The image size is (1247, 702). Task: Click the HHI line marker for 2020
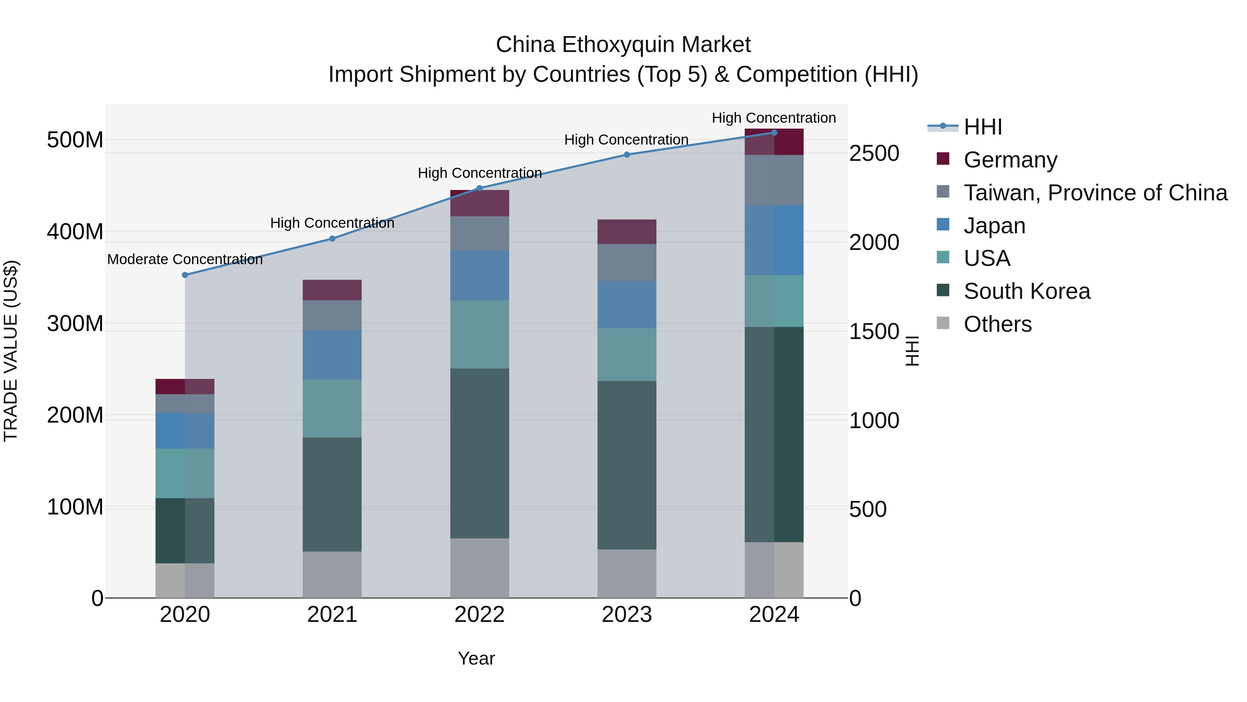(x=185, y=275)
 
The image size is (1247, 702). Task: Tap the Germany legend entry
(x=1010, y=160)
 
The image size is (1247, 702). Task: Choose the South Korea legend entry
(x=1027, y=291)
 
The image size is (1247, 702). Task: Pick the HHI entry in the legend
(x=983, y=127)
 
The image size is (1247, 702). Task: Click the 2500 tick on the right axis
(x=874, y=154)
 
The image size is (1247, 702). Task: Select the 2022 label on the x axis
(x=479, y=615)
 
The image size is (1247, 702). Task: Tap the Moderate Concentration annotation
(x=185, y=260)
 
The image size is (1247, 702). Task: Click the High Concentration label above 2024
(x=773, y=118)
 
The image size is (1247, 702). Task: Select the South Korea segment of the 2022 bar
(x=479, y=453)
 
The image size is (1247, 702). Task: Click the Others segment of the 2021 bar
(x=332, y=574)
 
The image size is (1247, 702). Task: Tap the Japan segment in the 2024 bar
(x=773, y=240)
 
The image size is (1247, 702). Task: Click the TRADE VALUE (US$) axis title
(x=11, y=351)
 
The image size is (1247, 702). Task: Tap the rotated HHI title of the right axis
(x=912, y=351)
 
